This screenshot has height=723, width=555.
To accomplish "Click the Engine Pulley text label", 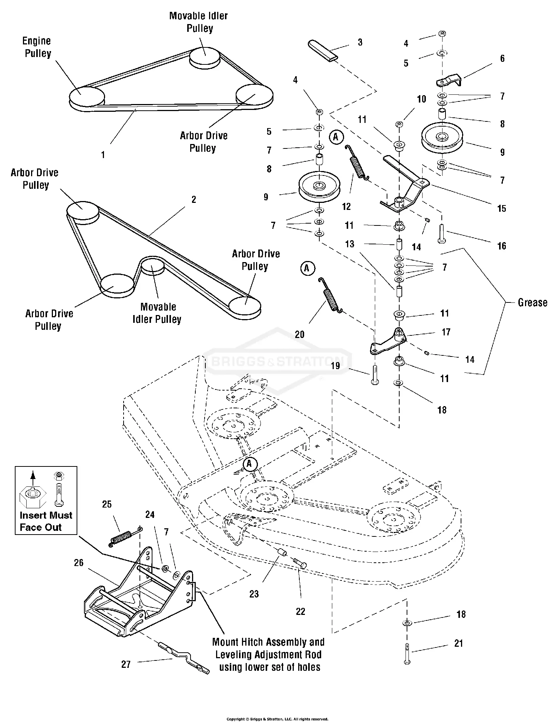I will click(x=37, y=47).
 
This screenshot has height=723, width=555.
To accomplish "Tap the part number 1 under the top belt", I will click(x=103, y=155).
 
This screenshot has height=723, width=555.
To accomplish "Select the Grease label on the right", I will click(x=532, y=302).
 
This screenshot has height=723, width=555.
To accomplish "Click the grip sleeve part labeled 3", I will click(x=323, y=50).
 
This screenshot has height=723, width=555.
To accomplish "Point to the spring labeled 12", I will click(x=358, y=163).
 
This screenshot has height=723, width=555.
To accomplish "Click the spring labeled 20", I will click(x=330, y=296).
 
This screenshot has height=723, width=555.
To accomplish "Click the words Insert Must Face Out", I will click(x=46, y=521).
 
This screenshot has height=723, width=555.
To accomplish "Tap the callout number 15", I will click(x=501, y=208).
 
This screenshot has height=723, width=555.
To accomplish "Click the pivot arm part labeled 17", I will click(x=388, y=342).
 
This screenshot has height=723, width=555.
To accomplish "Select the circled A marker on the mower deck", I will click(x=250, y=464).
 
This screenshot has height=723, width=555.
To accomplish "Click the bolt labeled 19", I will click(x=374, y=375).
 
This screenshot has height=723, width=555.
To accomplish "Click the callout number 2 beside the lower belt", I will click(x=194, y=200).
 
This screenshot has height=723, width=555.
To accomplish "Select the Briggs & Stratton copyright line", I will click(x=277, y=719).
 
